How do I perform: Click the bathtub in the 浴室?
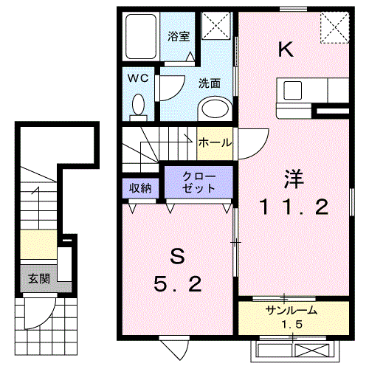tap(141, 36)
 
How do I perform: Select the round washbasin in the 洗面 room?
tap(215, 108)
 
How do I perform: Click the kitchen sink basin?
tap(293, 90)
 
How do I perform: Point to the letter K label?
tap(286, 49)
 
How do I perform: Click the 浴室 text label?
tap(179, 36)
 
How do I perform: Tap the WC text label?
tap(138, 78)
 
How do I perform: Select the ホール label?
tap(215, 142)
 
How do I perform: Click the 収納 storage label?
tap(140, 188)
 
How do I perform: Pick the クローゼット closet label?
tap(199, 182)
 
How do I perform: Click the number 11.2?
tap(294, 207)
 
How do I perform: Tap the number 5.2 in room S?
tap(178, 283)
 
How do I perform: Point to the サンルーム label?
tap(292, 311)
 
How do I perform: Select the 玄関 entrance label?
tap(39, 279)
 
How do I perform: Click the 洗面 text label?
tap(210, 83)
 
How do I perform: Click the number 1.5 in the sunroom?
tap(292, 325)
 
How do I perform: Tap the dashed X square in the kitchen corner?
tap(335, 28)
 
